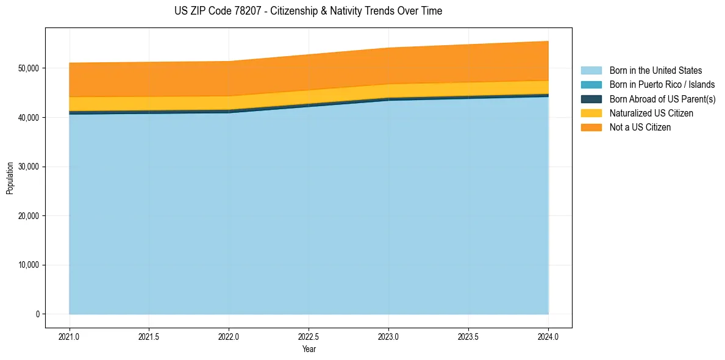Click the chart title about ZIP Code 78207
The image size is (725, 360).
(x=308, y=11)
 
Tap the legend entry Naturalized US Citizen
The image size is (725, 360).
(x=651, y=113)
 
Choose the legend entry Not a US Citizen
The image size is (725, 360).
(x=640, y=128)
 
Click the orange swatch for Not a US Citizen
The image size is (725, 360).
(x=591, y=128)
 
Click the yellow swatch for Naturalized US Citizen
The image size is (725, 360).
(x=591, y=113)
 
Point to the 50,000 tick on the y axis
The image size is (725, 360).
(x=28, y=68)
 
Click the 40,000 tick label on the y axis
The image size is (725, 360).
(x=28, y=117)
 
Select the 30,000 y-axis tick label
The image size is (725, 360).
(x=28, y=167)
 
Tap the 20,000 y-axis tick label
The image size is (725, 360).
(x=28, y=216)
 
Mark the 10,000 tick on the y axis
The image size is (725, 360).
(x=28, y=265)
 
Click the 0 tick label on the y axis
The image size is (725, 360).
(x=37, y=314)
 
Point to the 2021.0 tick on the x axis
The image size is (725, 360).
(x=70, y=336)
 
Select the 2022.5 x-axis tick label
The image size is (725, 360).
(x=309, y=336)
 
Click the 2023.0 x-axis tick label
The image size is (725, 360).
(x=388, y=336)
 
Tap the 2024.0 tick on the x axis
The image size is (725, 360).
(x=548, y=336)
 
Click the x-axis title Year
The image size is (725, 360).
(x=309, y=349)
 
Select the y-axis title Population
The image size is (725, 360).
(x=10, y=178)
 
